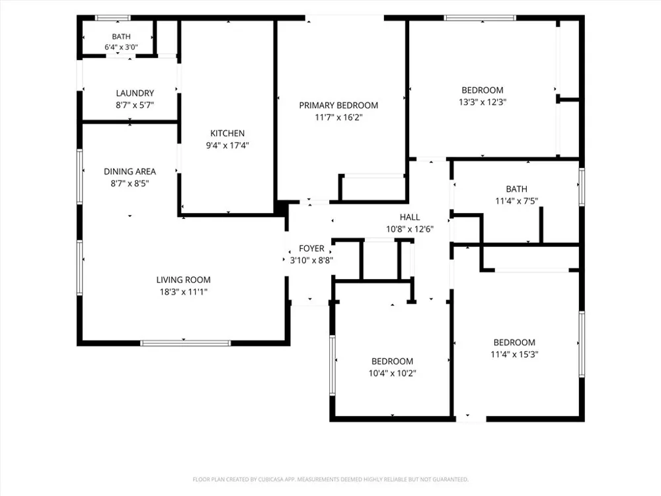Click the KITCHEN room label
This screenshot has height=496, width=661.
point(227,134)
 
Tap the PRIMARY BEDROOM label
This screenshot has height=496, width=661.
point(338,105)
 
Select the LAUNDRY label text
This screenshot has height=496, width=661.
point(135,93)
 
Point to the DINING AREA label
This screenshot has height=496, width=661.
point(130,172)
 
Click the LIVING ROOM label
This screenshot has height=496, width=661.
point(183,280)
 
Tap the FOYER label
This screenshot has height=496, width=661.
point(311,249)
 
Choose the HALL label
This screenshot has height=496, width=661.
point(410,217)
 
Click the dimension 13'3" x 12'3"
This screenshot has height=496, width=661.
point(483,102)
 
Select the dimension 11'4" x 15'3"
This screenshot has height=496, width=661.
point(514,354)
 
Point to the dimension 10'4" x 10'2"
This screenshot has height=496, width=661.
point(393,373)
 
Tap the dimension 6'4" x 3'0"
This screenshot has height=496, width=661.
point(122,47)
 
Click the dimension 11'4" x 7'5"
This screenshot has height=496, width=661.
point(516,201)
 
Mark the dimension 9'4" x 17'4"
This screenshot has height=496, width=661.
point(227,145)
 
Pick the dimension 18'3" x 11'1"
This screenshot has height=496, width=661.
point(183,292)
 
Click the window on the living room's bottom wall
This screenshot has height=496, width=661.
point(186,343)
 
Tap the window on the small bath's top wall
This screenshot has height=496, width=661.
point(112,18)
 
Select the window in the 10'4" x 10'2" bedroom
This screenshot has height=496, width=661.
point(332,365)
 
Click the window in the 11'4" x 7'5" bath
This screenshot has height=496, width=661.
point(582,187)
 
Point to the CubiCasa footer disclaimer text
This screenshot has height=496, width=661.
point(330,479)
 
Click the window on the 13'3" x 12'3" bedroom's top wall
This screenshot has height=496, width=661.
point(480,18)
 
